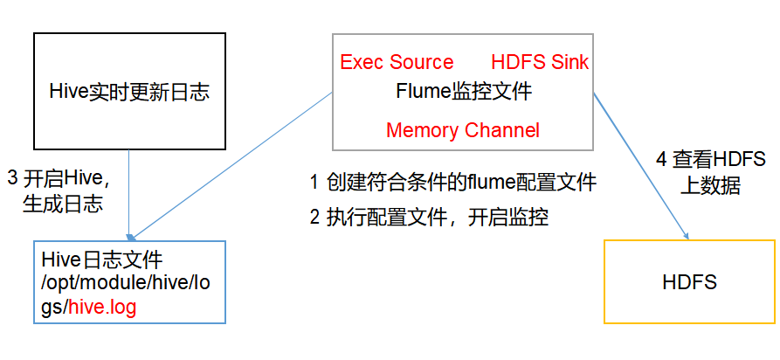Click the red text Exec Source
coord(397,62)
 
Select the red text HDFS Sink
coord(540,62)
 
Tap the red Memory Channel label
coord(463,130)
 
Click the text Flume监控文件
coord(463,90)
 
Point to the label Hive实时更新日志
coord(129,92)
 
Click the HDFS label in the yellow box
coord(689,282)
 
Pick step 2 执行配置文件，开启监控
coord(429,218)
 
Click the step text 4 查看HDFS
coord(711,160)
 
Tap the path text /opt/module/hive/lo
coord(126,283)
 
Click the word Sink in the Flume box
coord(569,62)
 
